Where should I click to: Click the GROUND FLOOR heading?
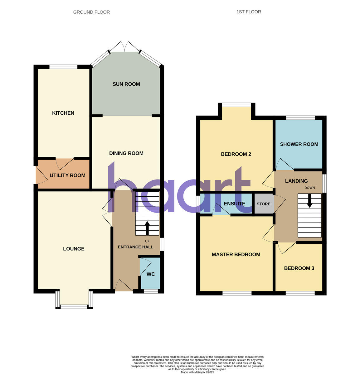[x=91, y=12]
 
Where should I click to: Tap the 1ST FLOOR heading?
[x=249, y=12]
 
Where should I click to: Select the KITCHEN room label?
[x=63, y=113]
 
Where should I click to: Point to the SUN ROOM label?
[x=126, y=84]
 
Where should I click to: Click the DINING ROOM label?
[x=126, y=153]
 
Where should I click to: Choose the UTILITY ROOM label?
[x=67, y=175]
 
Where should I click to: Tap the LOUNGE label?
[x=74, y=249]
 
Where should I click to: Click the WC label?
[x=151, y=274]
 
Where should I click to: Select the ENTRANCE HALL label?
[x=135, y=247]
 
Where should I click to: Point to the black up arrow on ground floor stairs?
[x=147, y=228]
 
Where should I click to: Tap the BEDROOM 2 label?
[x=236, y=154]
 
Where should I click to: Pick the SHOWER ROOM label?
[x=299, y=144]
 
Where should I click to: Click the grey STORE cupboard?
[x=263, y=204]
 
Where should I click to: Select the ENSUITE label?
[x=234, y=204]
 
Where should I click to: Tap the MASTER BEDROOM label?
[x=236, y=255]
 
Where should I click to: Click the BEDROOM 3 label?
[x=299, y=268]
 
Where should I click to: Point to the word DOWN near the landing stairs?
[x=310, y=188]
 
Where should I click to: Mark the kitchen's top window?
[x=63, y=66]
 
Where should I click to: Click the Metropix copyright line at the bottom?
[x=197, y=372]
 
